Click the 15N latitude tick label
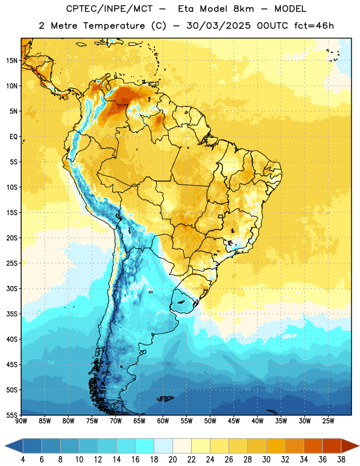point(12,61)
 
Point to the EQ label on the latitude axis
point(13,137)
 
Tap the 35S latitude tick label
point(12,314)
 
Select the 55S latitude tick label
point(12,415)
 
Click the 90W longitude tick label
point(22,421)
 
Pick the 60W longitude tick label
point(163,421)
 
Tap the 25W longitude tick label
point(328,421)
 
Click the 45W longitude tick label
point(234,421)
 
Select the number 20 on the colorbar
point(172,460)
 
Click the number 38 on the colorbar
point(341,460)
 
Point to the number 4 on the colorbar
point(23,460)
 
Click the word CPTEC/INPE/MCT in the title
point(109,9)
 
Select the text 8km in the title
point(243,9)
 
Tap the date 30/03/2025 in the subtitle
point(219,26)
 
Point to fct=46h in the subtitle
point(314,26)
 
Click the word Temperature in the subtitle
point(114,26)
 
